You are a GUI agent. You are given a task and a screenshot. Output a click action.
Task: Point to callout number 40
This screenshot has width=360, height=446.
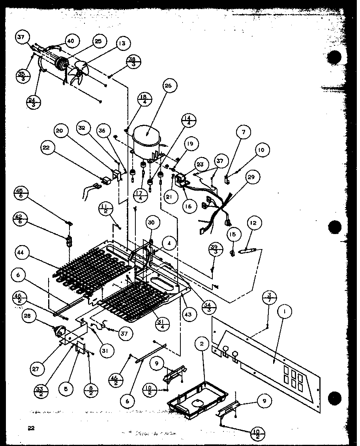tap(71, 41)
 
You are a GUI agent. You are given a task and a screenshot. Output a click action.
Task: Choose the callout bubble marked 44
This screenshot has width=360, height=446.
tap(22, 251)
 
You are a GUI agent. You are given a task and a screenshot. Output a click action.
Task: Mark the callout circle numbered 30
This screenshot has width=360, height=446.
tap(151, 223)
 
